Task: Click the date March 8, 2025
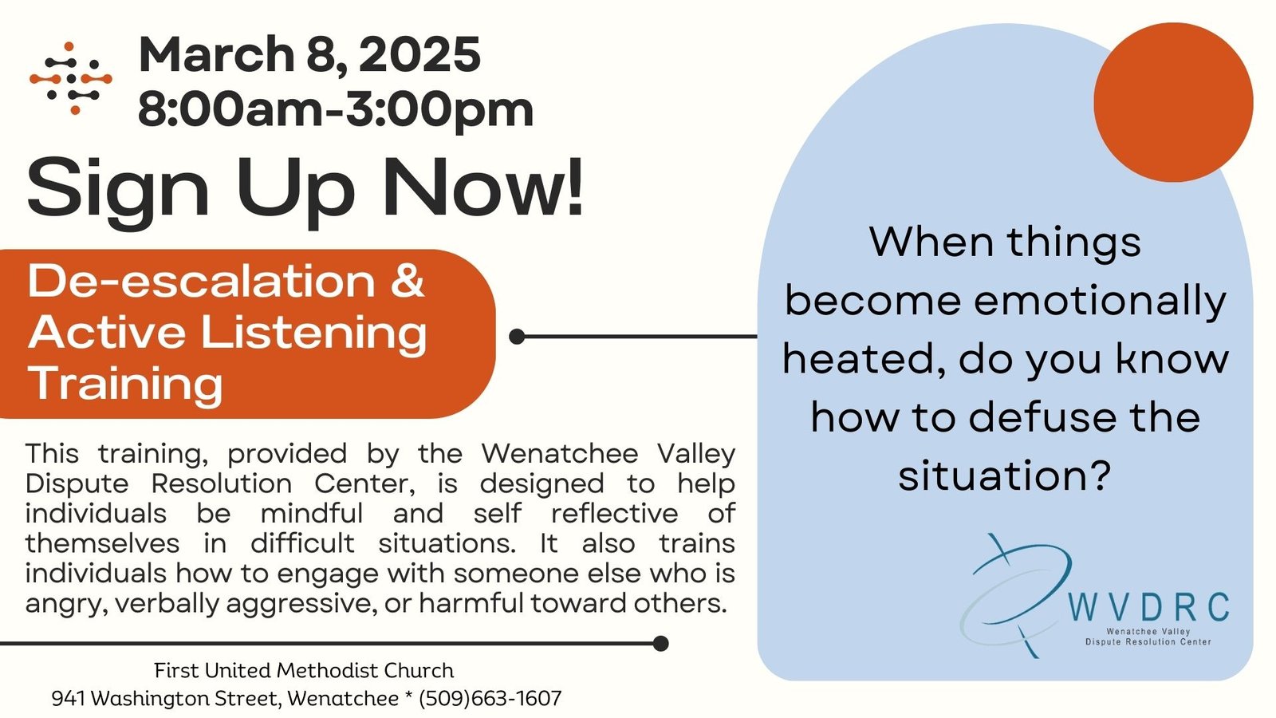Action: coord(309,55)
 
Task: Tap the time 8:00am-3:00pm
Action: coord(336,108)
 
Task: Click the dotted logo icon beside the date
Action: coord(71,78)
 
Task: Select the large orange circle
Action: coord(1173,103)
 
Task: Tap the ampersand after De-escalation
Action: coord(408,281)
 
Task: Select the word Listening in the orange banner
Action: coord(313,334)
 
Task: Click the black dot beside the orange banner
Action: coord(517,337)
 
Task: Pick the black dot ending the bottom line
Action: coord(660,644)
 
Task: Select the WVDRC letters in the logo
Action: coord(1148,607)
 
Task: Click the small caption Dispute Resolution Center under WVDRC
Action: coord(1148,641)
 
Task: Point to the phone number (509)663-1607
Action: coord(490,699)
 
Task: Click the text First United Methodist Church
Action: coord(304,671)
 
